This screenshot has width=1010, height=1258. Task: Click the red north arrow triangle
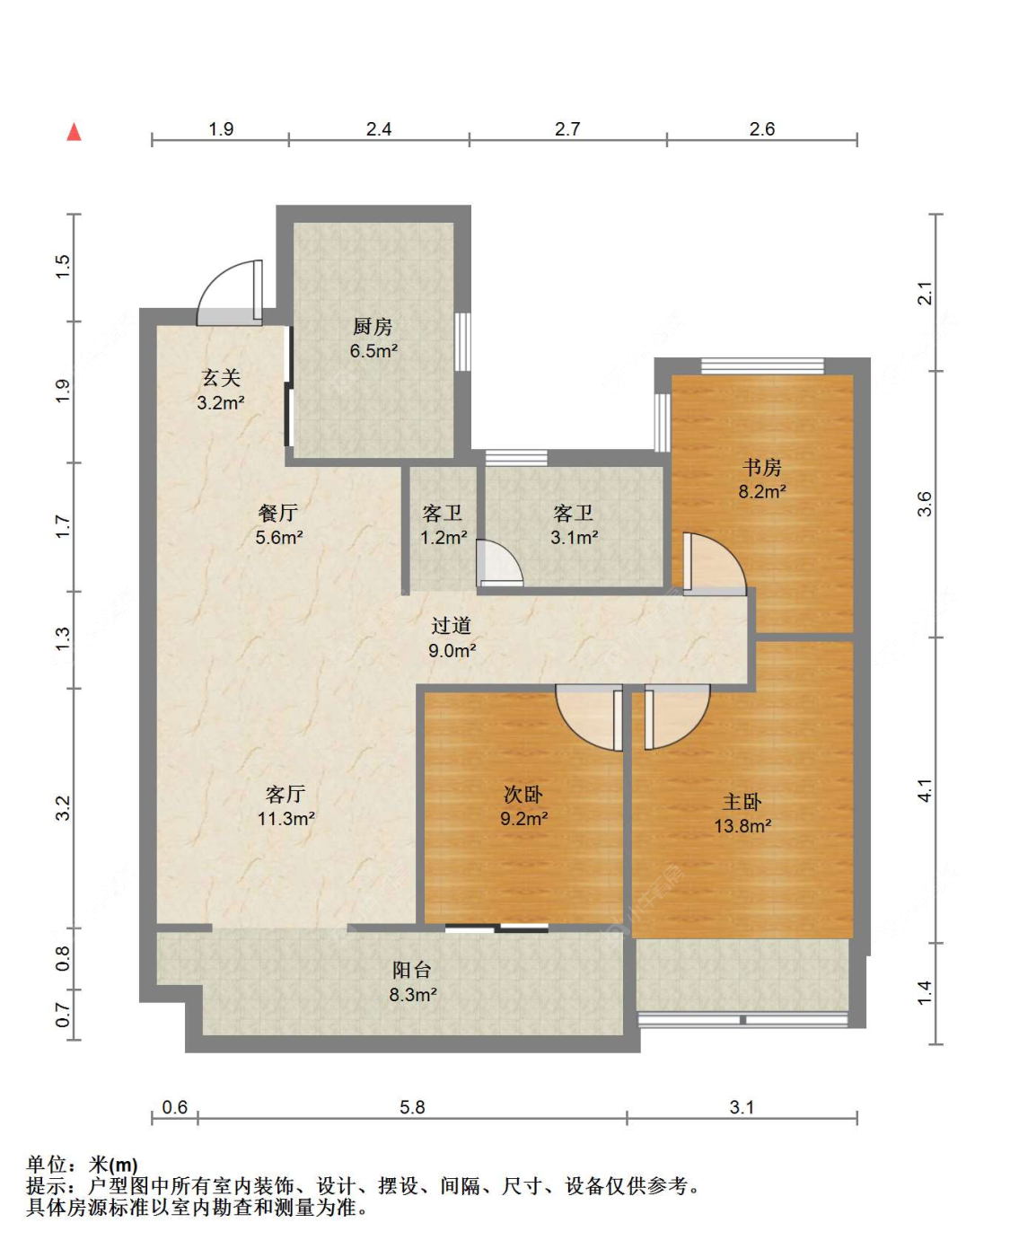pos(74,131)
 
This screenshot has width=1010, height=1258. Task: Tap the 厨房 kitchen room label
pos(373,326)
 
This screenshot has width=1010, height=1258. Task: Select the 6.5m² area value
pos(373,351)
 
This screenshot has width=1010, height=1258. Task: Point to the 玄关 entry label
pos(221,378)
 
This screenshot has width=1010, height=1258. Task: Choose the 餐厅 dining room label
pos(278,513)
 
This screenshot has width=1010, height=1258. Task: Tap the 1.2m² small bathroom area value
pos(444,537)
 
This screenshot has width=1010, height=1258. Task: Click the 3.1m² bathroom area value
pos(574,537)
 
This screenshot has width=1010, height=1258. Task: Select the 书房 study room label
pos(761,467)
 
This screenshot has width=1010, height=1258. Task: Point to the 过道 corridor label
pos(451,626)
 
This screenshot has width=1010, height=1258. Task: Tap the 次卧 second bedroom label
pos(523,794)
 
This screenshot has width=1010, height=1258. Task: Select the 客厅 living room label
pos(285,794)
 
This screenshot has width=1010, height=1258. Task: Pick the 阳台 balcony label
pos(412,970)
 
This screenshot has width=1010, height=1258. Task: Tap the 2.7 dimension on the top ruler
pos(567,128)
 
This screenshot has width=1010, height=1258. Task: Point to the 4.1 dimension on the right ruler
pos(926,790)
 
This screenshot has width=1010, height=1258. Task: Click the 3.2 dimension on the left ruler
pos(63,808)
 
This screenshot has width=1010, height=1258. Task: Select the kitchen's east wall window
pos(462,341)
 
